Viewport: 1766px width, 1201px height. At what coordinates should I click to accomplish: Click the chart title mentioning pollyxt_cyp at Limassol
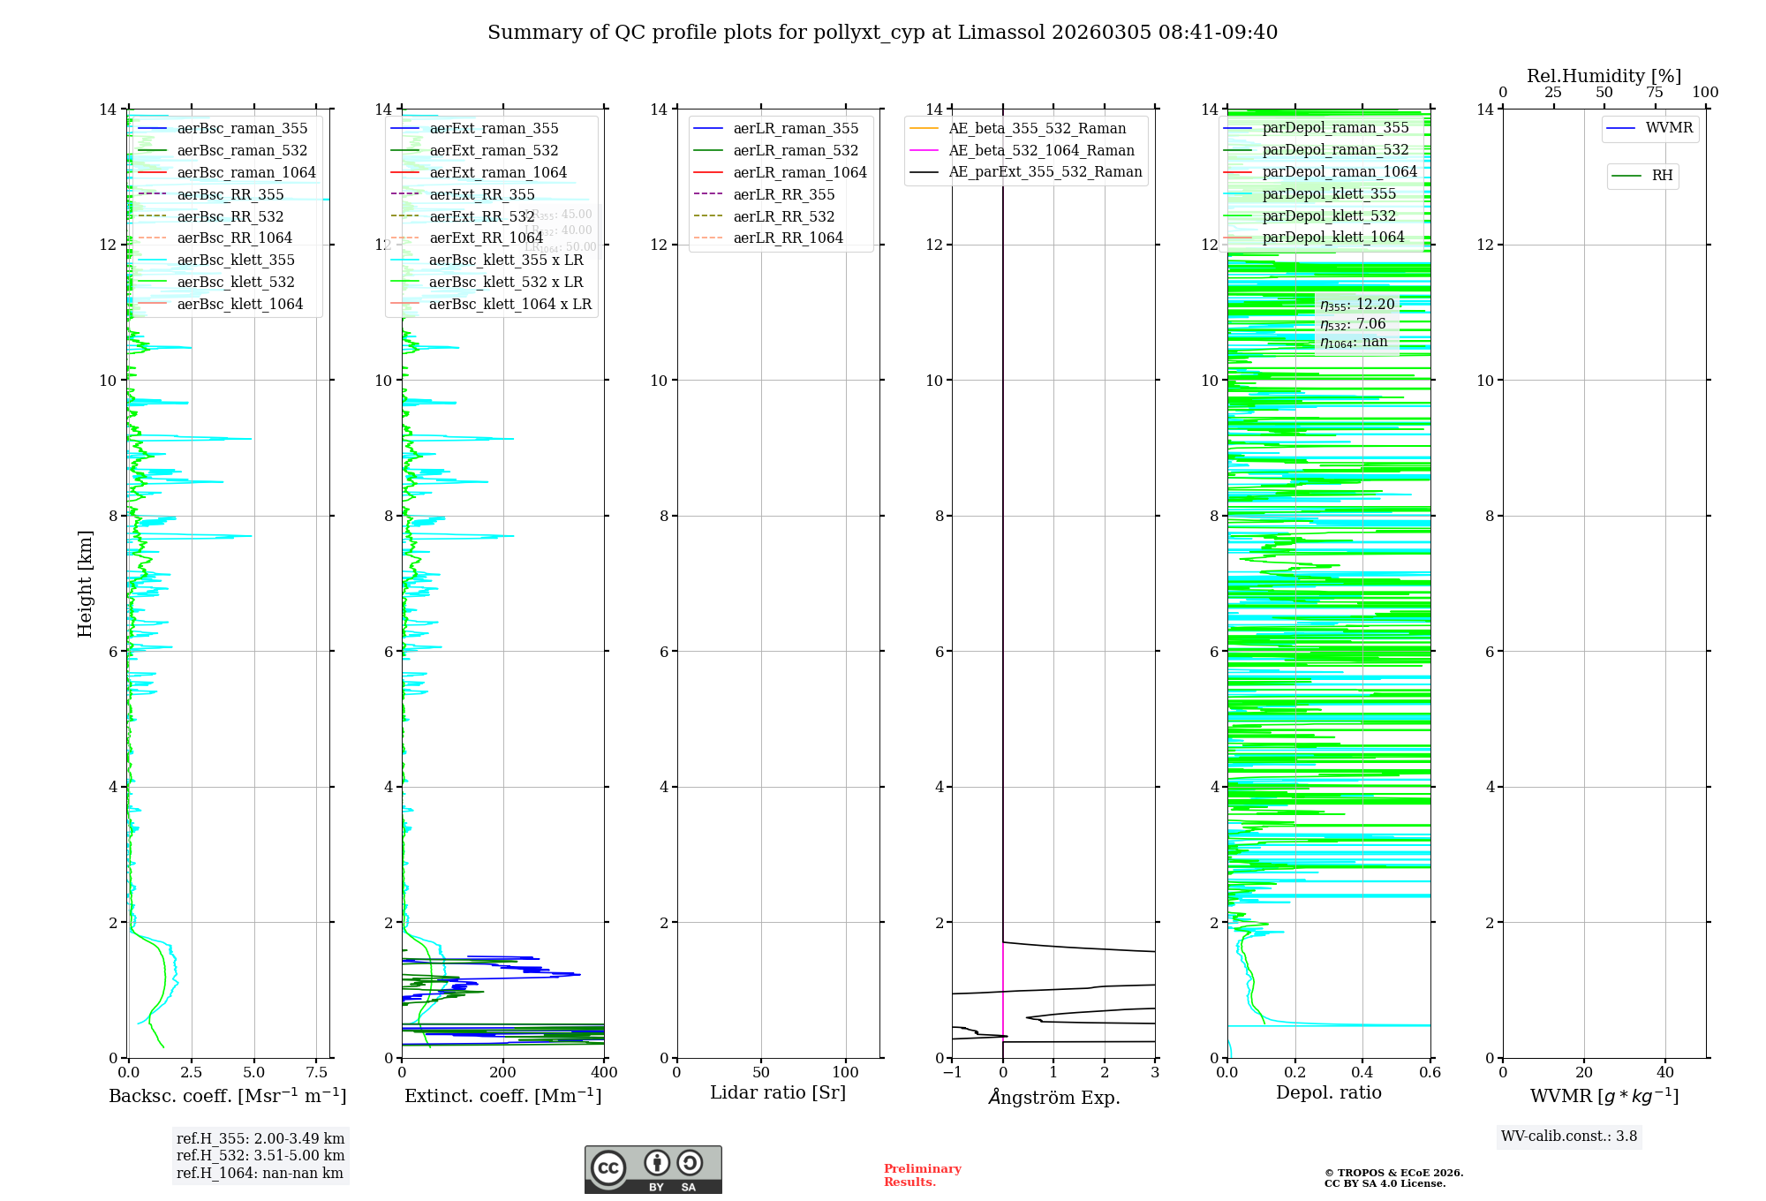pyautogui.click(x=882, y=33)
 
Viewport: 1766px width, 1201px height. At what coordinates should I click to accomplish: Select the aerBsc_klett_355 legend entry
pyautogui.click(x=236, y=261)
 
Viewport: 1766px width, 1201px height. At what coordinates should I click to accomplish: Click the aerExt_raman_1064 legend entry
pyautogui.click(x=498, y=173)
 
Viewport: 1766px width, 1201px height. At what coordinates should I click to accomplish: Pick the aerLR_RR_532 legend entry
pyautogui.click(x=783, y=216)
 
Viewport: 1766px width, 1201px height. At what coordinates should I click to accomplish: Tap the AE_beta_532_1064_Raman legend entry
pyautogui.click(x=1041, y=151)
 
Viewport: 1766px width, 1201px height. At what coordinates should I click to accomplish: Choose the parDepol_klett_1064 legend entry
pyautogui.click(x=1332, y=238)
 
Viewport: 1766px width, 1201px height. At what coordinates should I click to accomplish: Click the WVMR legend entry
pyautogui.click(x=1669, y=128)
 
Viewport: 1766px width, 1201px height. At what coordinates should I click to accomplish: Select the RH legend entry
pyautogui.click(x=1662, y=176)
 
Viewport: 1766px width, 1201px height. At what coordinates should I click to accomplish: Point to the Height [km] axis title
pyautogui.click(x=85, y=583)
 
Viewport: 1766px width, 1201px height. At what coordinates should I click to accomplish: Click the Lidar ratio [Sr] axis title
pyautogui.click(x=778, y=1093)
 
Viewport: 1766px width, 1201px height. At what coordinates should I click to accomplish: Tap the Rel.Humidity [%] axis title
pyautogui.click(x=1604, y=76)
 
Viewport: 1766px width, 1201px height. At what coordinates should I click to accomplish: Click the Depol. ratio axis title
pyautogui.click(x=1328, y=1093)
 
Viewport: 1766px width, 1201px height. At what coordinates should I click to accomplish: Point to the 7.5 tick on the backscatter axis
pyautogui.click(x=317, y=1073)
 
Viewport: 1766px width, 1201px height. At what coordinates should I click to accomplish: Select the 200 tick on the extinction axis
pyautogui.click(x=503, y=1073)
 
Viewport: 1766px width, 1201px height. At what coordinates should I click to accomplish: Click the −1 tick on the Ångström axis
pyautogui.click(x=952, y=1073)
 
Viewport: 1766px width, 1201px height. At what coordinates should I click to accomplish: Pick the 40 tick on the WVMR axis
pyautogui.click(x=1665, y=1073)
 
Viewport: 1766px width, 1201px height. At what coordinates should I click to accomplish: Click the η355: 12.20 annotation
pyautogui.click(x=1357, y=305)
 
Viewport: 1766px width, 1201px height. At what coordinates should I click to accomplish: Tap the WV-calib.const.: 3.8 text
pyautogui.click(x=1569, y=1137)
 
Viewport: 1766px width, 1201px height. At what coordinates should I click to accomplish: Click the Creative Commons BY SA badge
pyautogui.click(x=653, y=1170)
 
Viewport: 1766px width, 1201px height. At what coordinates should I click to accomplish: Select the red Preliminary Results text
pyautogui.click(x=922, y=1175)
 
